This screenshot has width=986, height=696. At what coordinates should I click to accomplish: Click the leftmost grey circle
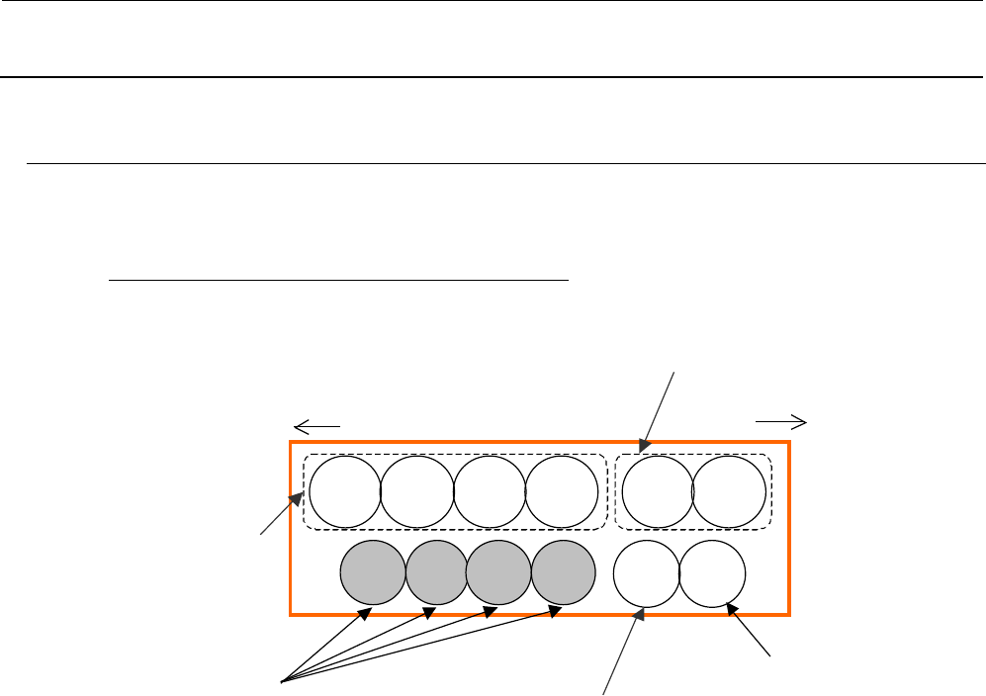click(373, 573)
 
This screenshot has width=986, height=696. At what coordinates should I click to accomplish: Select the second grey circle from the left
click(436, 573)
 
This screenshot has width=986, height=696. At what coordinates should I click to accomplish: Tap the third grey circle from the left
click(498, 573)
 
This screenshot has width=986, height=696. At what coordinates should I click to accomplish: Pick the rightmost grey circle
click(564, 573)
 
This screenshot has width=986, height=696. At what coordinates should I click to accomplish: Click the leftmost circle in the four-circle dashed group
click(345, 491)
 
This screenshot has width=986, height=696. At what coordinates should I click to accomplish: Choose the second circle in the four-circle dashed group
click(417, 491)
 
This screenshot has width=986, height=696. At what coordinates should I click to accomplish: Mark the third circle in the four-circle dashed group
click(490, 491)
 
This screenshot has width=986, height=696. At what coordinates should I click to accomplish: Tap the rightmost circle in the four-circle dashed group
click(562, 491)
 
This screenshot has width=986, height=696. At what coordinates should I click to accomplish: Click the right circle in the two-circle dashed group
click(729, 491)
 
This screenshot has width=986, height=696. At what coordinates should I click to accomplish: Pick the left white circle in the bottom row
click(647, 574)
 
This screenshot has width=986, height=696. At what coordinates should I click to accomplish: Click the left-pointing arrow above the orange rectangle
click(317, 425)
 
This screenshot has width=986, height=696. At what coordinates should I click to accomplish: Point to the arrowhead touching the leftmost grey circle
click(364, 615)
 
